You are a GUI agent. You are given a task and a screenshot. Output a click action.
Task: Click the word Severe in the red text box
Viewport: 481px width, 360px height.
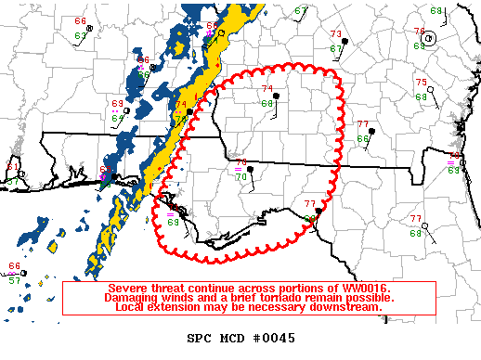[x=129, y=288]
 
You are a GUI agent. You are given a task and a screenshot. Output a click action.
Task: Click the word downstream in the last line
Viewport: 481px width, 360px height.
[x=347, y=306]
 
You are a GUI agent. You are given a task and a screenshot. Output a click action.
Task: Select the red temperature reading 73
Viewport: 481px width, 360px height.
[x=334, y=34]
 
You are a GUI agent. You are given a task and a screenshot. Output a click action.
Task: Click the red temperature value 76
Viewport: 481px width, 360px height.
[x=419, y=32]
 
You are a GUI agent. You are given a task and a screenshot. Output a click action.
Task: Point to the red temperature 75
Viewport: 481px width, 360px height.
[x=421, y=83]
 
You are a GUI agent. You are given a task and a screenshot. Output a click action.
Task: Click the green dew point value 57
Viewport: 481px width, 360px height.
[x=14, y=279]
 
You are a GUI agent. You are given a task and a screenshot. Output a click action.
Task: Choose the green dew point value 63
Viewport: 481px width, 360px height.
[x=453, y=170]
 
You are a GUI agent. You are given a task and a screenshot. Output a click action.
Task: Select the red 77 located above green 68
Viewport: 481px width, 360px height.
[x=416, y=218]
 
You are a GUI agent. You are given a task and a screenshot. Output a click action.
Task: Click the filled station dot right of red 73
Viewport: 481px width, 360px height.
[x=344, y=43]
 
